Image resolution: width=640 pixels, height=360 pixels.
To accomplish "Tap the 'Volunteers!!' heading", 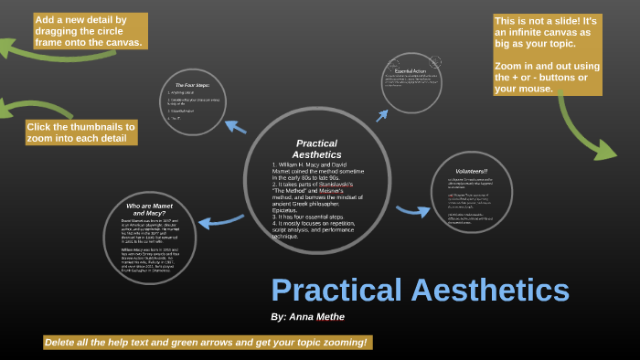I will (472, 171).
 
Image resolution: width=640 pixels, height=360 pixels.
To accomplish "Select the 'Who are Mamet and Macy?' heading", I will (150, 209).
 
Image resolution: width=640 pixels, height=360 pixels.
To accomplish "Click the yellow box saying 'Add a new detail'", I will (89, 30).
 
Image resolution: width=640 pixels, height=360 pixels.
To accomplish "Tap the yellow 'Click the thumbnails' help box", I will (80, 132).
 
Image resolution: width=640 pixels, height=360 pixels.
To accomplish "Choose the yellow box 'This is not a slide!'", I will (547, 33).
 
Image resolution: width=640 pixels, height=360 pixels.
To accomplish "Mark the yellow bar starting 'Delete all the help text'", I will (208, 343).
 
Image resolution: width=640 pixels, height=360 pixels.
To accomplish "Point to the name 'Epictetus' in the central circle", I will (285, 209).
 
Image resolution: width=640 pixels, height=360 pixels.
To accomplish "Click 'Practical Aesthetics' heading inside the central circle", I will (316, 149).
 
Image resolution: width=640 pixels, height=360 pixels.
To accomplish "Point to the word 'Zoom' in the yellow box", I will (509, 66).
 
